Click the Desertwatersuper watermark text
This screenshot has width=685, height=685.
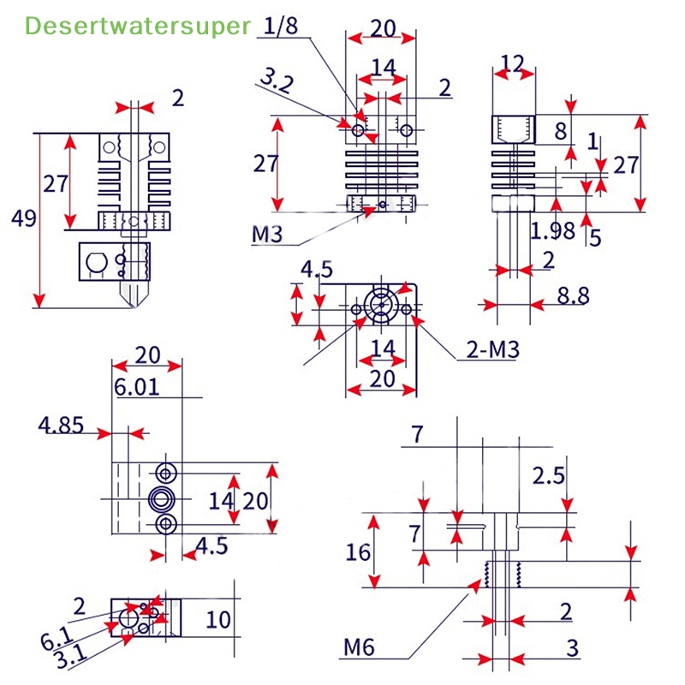[x=138, y=27]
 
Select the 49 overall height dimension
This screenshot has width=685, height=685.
[x=23, y=218]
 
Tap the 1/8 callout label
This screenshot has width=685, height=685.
[x=281, y=27]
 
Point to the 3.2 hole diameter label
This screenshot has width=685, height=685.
[x=276, y=82]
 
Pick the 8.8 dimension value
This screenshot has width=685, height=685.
[x=573, y=296]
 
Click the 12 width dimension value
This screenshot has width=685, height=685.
[x=512, y=62]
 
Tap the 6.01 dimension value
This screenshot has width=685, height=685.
[x=137, y=387]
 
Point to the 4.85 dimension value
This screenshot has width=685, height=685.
[x=61, y=425]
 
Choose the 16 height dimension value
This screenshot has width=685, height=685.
[x=359, y=552]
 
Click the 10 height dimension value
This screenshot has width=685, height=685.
[x=219, y=619]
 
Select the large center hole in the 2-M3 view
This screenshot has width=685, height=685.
[x=381, y=305]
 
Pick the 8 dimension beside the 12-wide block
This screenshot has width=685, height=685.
[x=561, y=131]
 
